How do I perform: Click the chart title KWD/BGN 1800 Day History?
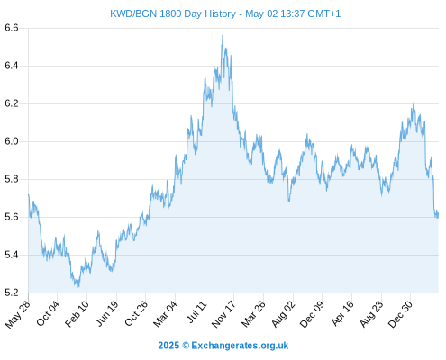(x=173, y=13)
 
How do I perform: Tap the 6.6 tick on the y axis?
(x=12, y=28)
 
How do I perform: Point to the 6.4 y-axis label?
(x=12, y=66)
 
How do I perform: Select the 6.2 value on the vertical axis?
(x=12, y=103)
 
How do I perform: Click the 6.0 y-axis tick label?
(x=12, y=141)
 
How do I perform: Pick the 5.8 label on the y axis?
(x=12, y=179)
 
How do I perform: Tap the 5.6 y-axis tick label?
(x=12, y=217)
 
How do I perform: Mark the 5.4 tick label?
(x=12, y=255)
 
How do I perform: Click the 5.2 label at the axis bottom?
(x=12, y=292)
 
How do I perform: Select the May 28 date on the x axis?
(x=18, y=314)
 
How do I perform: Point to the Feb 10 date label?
(x=77, y=314)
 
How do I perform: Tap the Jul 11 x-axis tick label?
(x=197, y=312)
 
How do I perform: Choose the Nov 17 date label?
(x=223, y=314)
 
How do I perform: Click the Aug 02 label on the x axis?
(x=284, y=314)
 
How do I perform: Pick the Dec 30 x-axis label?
(x=401, y=314)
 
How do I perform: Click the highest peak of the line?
(x=223, y=35)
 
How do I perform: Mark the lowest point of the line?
(x=77, y=288)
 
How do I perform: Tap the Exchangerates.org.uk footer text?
(x=240, y=346)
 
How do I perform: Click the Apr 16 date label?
(x=342, y=314)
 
